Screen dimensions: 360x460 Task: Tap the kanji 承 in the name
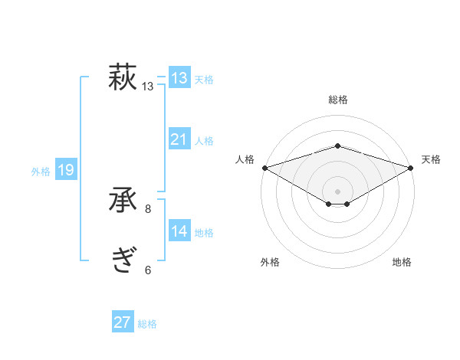pos(123,201)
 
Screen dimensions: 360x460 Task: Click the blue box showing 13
pos(179,77)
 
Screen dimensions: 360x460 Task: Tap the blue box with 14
pos(179,231)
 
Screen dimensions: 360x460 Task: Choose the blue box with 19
pos(65,170)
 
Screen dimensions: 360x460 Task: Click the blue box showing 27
pos(123,322)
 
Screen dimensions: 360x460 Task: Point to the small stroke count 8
pos(148,208)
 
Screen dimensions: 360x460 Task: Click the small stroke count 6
pos(148,270)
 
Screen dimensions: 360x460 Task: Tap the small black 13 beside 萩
pos(148,87)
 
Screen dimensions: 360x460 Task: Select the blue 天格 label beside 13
pos(204,79)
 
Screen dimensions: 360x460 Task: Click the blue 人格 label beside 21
pos(204,141)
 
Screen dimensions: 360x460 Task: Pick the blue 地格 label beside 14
pos(204,233)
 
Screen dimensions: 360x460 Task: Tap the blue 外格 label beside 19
pos(41,172)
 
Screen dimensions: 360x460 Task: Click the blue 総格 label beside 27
pos(147,325)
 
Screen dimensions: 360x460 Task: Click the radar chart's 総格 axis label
pos(337,100)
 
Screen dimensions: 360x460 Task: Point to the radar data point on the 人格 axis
pos(264,167)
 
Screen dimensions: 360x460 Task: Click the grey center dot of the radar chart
pos(337,190)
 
